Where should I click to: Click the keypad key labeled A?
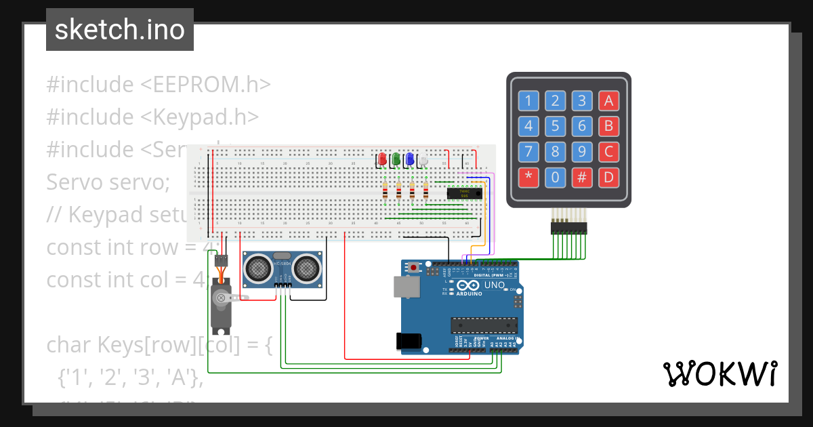click(x=608, y=102)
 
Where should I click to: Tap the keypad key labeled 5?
click(x=555, y=126)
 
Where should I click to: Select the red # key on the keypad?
click(x=581, y=178)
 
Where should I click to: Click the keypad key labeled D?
click(x=608, y=178)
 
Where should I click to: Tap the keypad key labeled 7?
click(x=528, y=151)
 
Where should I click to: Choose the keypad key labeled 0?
click(x=555, y=178)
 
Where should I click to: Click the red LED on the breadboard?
click(x=382, y=159)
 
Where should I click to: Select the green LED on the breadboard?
click(x=396, y=159)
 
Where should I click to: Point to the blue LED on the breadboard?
click(x=409, y=159)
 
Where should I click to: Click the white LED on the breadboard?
click(x=423, y=160)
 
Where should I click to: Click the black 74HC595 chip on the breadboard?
click(x=465, y=194)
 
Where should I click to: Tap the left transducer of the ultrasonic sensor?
click(x=258, y=269)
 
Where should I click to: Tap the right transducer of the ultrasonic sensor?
click(x=306, y=269)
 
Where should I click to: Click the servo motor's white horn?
click(x=220, y=296)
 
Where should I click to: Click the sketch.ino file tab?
click(x=120, y=30)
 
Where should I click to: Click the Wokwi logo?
click(x=720, y=373)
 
